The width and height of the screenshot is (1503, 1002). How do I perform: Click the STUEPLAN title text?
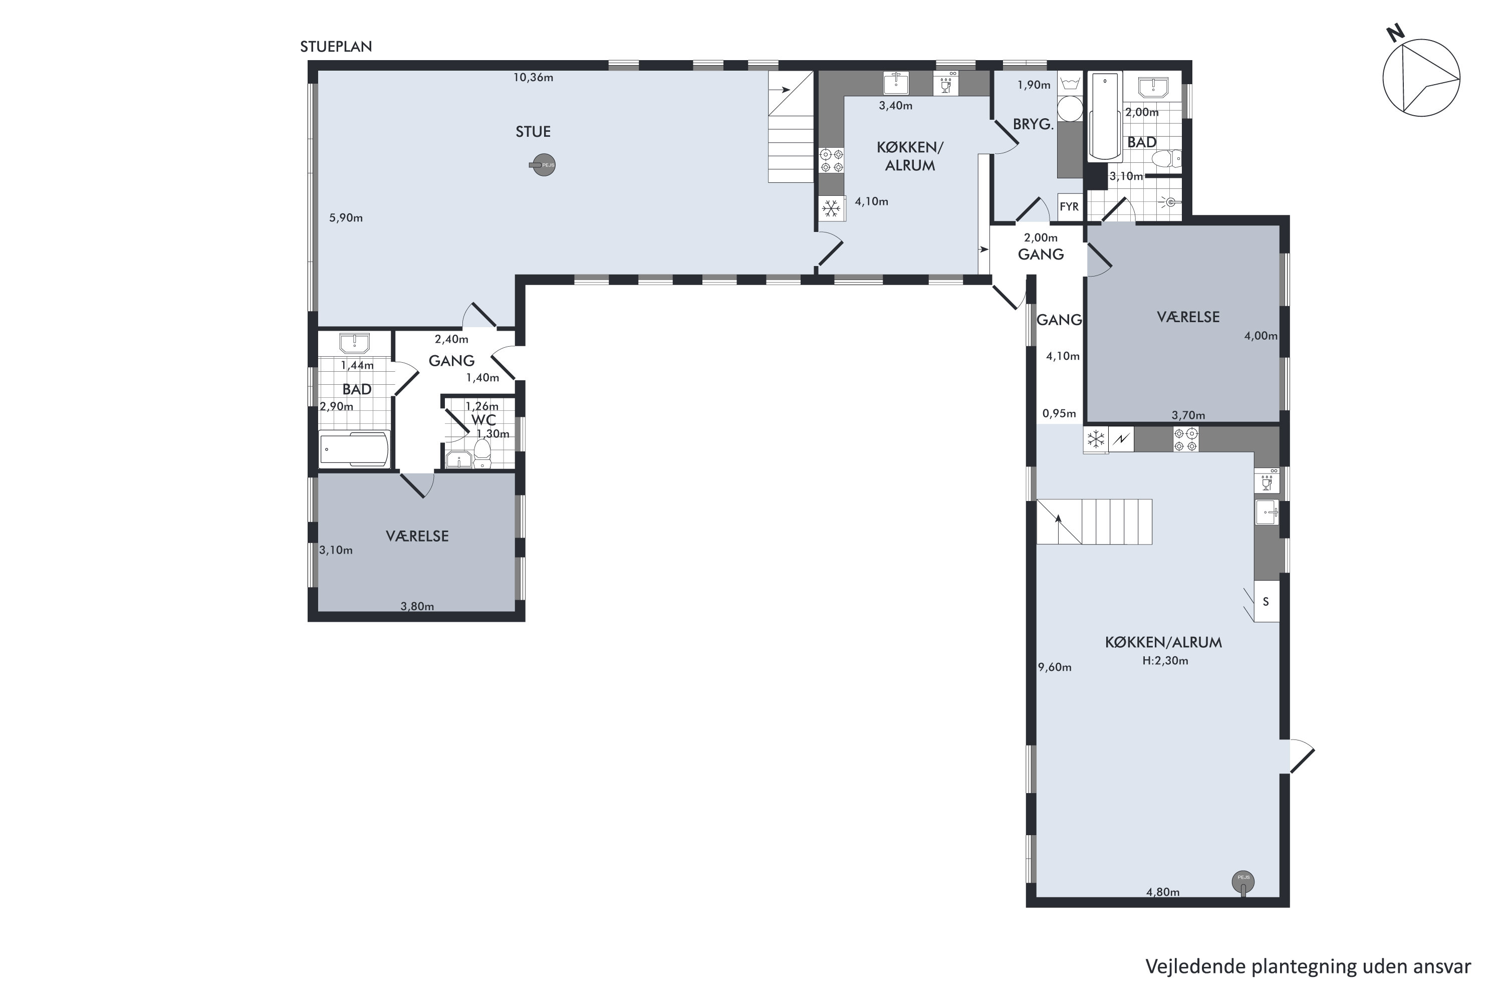[x=336, y=47]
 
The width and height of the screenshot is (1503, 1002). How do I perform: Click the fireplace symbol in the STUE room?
[x=543, y=165]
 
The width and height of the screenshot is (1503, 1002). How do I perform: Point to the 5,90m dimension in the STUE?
[x=346, y=218]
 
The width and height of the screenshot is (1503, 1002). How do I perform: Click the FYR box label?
[x=1069, y=206]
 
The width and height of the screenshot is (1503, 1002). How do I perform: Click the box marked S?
[x=1266, y=601]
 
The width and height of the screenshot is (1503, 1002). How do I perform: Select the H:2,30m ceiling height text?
[x=1165, y=661]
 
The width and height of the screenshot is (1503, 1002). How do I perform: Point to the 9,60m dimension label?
[x=1055, y=667]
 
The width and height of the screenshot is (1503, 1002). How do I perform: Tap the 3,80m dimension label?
[x=417, y=606]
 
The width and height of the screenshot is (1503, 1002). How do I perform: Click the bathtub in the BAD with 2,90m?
[x=354, y=448]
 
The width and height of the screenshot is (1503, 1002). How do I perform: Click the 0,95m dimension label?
[x=1059, y=413]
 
